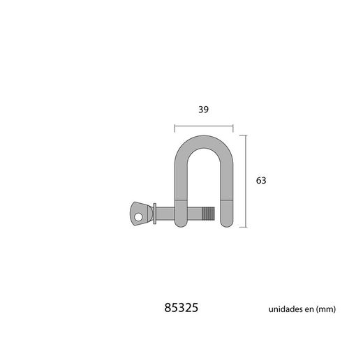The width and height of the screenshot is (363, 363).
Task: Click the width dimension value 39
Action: click(x=203, y=110)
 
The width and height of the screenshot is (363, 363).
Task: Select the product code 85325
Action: click(x=181, y=308)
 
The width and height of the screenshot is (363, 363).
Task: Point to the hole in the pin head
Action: click(x=138, y=216)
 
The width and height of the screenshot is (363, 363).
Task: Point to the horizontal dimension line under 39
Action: click(x=203, y=127)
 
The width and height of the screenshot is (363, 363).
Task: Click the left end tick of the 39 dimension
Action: click(x=174, y=127)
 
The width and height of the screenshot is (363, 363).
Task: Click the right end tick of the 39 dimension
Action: click(x=233, y=127)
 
